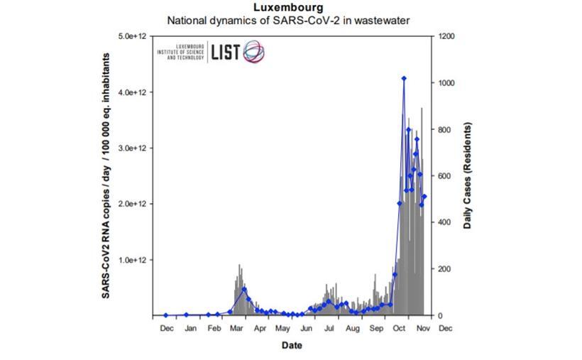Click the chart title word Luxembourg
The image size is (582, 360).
click(288, 8)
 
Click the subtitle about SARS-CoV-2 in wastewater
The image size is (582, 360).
click(288, 21)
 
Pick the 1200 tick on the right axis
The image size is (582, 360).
click(447, 36)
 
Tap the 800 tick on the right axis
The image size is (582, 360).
click(445, 129)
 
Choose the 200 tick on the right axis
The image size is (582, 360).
click(445, 269)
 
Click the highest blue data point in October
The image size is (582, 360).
click(404, 79)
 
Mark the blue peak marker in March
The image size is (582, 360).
click(244, 289)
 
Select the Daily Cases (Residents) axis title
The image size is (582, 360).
click(468, 175)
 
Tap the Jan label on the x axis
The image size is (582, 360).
click(191, 328)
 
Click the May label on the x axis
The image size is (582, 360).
click(283, 328)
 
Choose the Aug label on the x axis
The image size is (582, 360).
click(353, 328)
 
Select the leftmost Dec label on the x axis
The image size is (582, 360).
click(167, 328)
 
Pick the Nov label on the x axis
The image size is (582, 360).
click(422, 328)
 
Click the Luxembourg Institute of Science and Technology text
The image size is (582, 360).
click(180, 53)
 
